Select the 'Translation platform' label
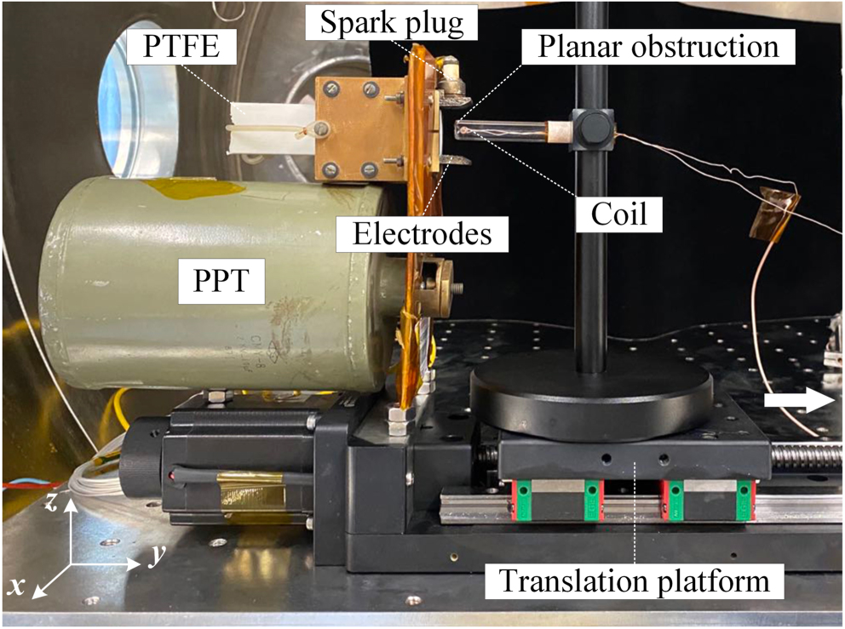point(634,582)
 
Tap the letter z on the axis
point(53,505)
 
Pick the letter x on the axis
point(16,586)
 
